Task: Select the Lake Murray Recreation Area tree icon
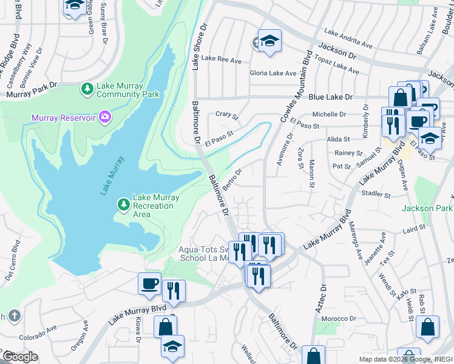tap(124, 204)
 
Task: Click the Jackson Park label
tap(427, 208)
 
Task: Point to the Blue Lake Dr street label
tap(330, 96)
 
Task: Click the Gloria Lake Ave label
tap(273, 73)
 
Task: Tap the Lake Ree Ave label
tap(222, 59)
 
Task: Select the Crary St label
tap(228, 114)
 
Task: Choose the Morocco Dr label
tap(339, 318)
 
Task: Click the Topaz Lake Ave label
tap(336, 68)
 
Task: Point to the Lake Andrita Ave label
tap(348, 38)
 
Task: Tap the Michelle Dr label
tap(328, 114)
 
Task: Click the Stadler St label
tap(375, 194)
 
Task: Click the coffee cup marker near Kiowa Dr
tap(149, 283)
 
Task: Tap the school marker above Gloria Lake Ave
tap(269, 40)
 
